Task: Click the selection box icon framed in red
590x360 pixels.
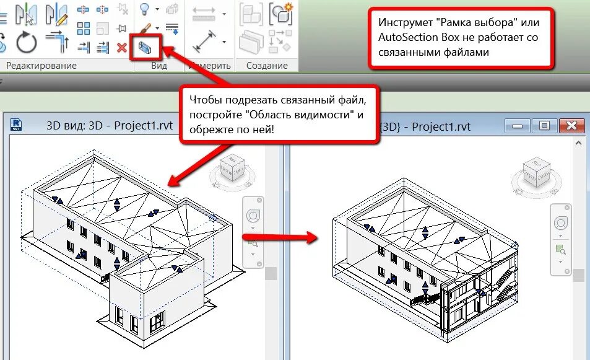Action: point(147,48)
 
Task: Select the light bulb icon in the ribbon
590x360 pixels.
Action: point(144,9)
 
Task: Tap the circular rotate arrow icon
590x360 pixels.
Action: point(27,43)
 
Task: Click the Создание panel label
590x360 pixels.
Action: point(267,65)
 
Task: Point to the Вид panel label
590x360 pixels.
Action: point(159,65)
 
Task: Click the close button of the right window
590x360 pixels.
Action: point(572,126)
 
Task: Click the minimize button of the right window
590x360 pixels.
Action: point(517,126)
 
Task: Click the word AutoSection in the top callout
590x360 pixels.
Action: point(407,37)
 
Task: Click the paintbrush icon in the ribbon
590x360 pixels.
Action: point(145,28)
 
